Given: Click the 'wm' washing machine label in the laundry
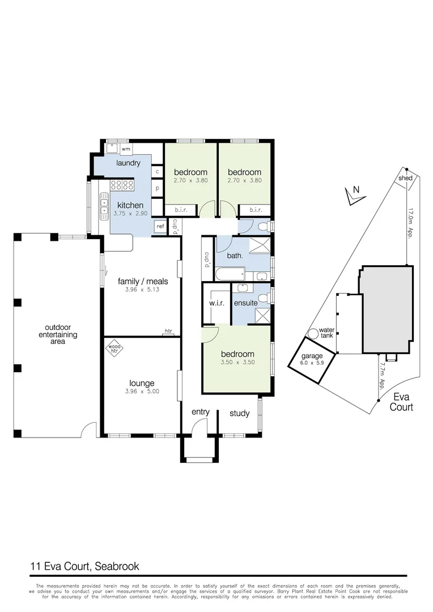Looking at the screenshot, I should (126, 150).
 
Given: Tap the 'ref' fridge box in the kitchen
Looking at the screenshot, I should (160, 227).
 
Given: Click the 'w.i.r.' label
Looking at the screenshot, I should (217, 303).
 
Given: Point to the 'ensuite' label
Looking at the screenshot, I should (246, 303).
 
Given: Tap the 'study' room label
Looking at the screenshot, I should (239, 413).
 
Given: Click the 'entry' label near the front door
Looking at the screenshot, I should (201, 412).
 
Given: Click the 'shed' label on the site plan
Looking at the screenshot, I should (406, 178).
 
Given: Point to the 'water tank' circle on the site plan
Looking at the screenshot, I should (312, 334).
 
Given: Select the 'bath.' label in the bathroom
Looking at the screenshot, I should (235, 256).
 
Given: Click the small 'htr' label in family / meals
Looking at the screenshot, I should (168, 331).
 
